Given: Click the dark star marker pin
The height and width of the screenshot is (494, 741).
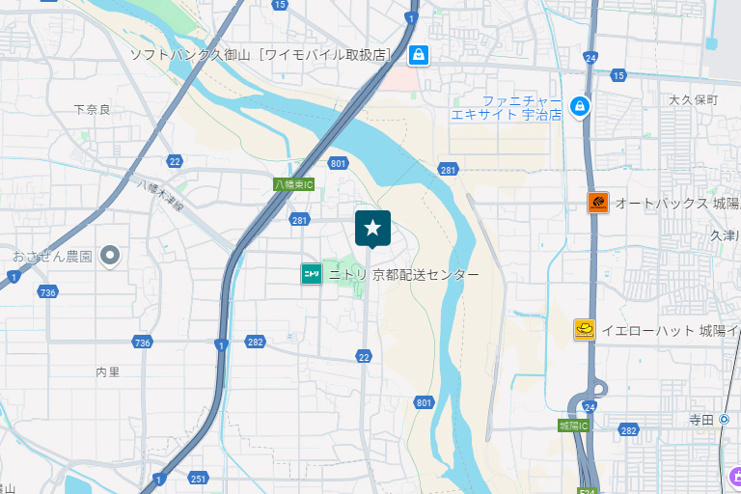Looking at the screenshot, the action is pos(372,229).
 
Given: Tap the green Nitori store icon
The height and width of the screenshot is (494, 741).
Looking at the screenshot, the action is pos(312,274).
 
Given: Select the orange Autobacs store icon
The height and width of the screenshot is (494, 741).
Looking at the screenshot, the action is pos(598,203).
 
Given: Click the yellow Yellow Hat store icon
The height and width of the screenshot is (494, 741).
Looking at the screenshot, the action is pos(584,330).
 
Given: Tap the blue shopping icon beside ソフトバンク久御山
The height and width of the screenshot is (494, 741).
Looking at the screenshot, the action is pos(418,55).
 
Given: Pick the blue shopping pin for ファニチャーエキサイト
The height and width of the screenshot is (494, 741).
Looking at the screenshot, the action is pos(580,105).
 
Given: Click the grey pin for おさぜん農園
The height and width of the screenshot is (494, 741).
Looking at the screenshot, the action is pos(110,256).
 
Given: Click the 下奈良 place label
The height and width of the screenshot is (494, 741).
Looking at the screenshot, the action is pos(92,109).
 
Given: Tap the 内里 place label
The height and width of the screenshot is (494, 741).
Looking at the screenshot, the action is pos(108,371).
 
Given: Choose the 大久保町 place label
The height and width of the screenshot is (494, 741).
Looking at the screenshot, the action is pos(694,100).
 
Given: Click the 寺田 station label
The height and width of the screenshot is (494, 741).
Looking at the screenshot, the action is pos(701,420).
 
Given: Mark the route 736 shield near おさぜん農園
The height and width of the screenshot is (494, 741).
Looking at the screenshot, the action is pos(47,292).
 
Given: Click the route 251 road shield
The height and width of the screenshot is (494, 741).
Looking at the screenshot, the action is pos(199,479).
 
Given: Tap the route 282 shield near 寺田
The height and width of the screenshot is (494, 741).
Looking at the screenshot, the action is pos(629,430).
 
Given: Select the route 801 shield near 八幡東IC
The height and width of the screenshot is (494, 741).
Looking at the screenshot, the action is pos(337,163).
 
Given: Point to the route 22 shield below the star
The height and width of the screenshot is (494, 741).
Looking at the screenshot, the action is pos(364,357).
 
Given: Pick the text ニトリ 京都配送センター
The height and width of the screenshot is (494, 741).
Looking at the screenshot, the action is pos(403,275).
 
